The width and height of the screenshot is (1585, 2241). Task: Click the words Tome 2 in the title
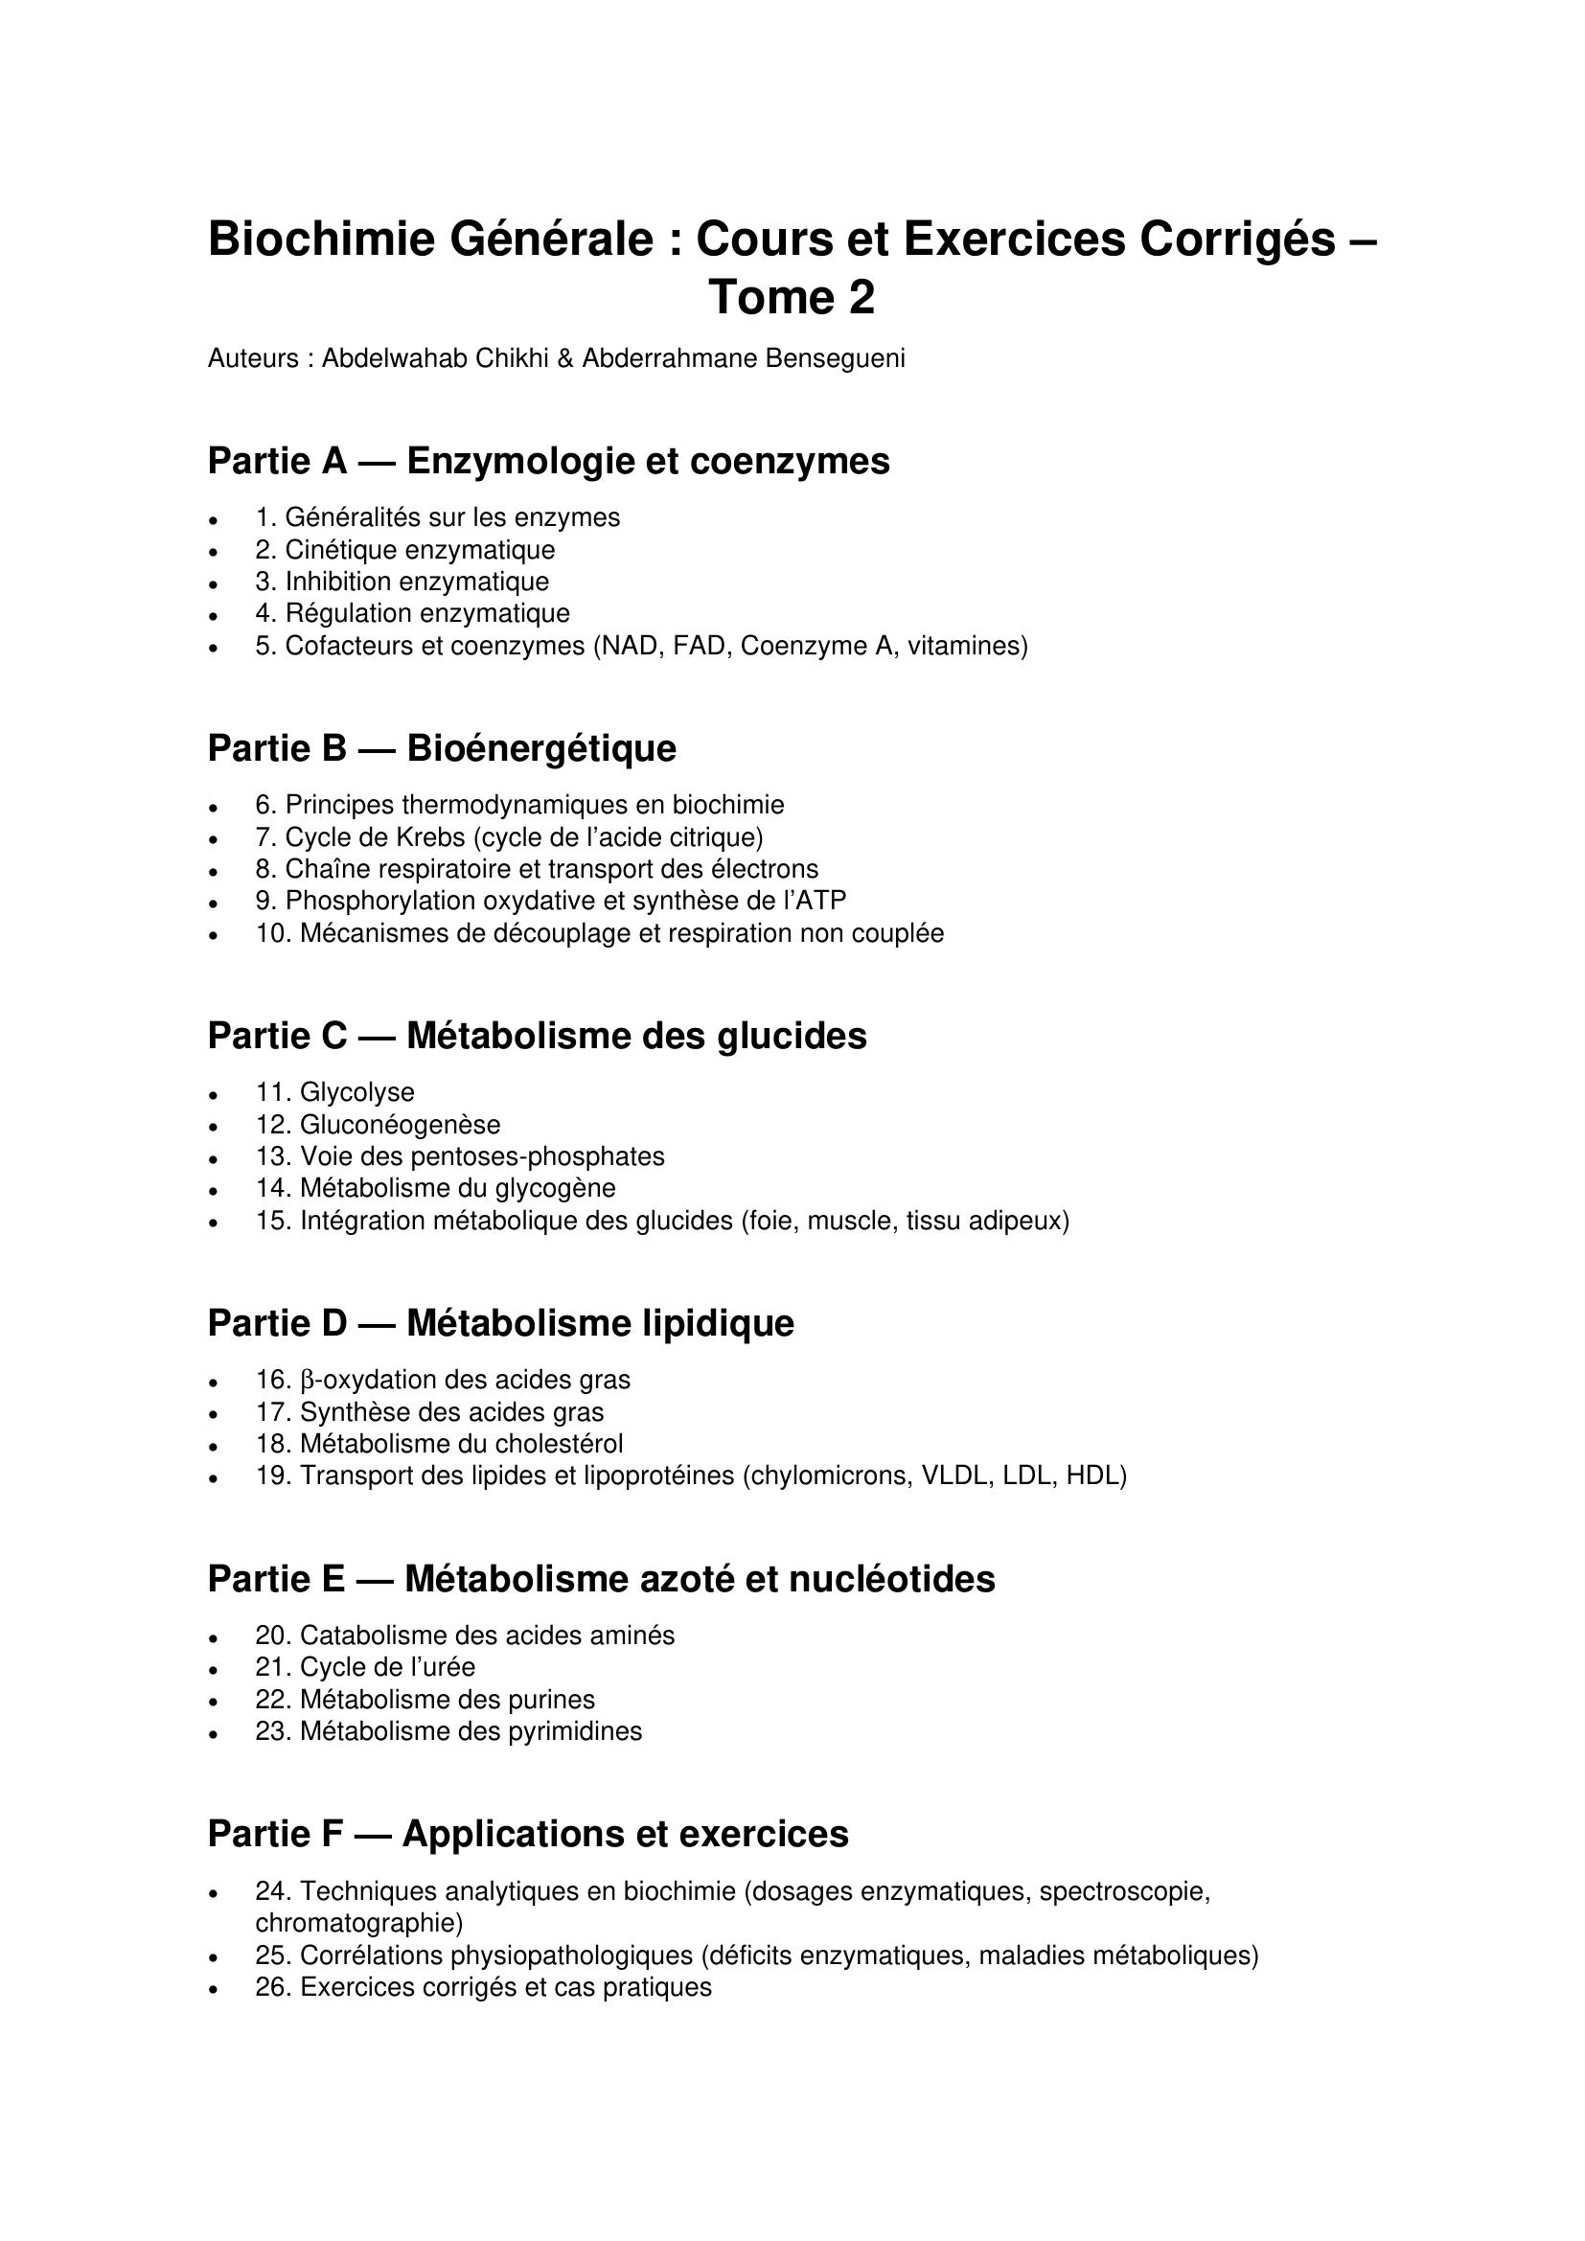coord(792,298)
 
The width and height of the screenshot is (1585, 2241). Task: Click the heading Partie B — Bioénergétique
coord(441,748)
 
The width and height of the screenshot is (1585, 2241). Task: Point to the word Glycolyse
coord(356,1092)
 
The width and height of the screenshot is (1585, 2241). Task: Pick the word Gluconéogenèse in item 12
coord(400,1125)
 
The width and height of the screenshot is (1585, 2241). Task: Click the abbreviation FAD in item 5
coord(698,646)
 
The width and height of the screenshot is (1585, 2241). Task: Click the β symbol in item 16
coord(307,1380)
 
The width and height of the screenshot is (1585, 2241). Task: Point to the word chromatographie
coord(359,1923)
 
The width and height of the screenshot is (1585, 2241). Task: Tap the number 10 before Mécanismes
coord(269,934)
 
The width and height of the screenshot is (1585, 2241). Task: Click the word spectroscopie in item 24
coord(1124,1891)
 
